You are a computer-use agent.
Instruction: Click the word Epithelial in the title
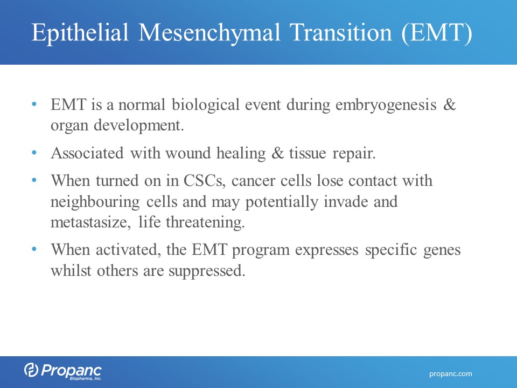point(80,33)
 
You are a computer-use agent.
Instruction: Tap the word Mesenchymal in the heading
point(209,33)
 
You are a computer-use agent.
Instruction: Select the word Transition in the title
point(341,33)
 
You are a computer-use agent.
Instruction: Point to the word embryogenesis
point(386,106)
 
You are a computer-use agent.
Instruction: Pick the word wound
point(188,154)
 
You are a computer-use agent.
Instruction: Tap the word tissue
point(308,154)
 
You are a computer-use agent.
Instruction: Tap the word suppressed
point(207,272)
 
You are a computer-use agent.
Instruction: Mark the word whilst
point(71,271)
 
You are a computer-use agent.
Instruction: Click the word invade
point(346,202)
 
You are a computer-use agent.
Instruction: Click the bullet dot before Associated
point(34,153)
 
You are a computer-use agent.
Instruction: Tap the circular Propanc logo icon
point(31,370)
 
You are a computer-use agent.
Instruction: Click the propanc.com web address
point(450,374)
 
